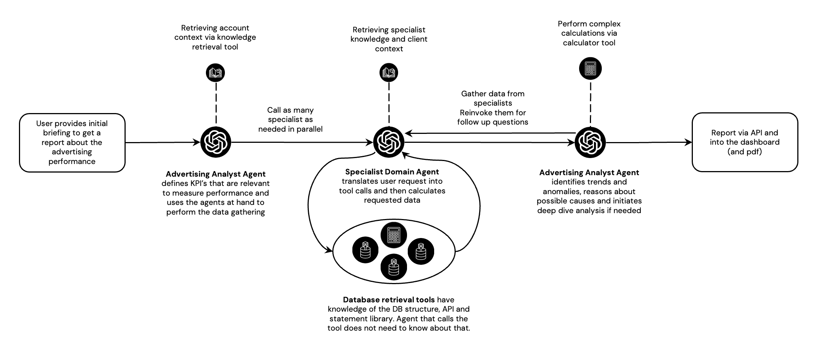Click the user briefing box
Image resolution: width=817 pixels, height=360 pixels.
(72, 142)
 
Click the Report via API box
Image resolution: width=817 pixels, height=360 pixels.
(745, 142)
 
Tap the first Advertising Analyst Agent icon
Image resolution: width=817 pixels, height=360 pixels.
(216, 142)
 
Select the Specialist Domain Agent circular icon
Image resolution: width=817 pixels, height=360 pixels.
(388, 142)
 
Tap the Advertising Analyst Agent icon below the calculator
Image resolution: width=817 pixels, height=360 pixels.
(590, 142)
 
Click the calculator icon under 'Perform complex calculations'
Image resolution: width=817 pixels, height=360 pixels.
(590, 68)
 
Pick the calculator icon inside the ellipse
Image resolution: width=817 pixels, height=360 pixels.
(394, 235)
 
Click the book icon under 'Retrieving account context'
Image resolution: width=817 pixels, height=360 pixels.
(216, 72)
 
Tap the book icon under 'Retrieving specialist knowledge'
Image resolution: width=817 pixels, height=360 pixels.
(388, 72)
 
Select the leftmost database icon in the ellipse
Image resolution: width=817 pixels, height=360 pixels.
(365, 250)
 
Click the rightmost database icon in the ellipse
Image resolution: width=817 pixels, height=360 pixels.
(421, 251)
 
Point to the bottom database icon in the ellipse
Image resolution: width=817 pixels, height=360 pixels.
(394, 267)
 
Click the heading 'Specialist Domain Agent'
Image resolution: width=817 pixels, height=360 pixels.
(392, 172)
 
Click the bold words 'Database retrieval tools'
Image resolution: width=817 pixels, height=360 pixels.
(389, 300)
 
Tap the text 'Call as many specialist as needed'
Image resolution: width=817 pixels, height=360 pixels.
(290, 119)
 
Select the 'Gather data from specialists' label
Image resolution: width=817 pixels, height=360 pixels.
(493, 99)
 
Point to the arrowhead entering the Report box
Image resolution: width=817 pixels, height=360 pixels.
(688, 142)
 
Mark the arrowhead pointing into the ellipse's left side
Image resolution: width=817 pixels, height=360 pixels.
(329, 251)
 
